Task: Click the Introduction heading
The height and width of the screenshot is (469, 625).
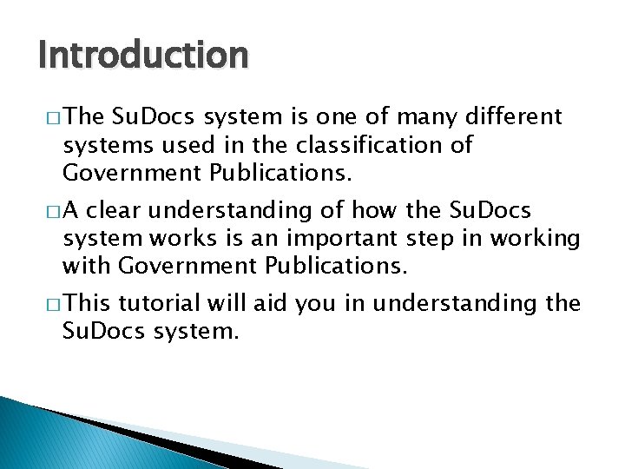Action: coord(143,56)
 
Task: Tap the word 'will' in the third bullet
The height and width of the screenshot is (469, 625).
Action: coord(226,303)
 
